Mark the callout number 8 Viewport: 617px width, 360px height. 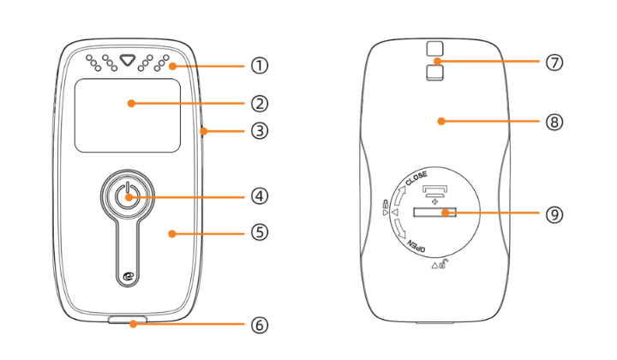(x=555, y=122)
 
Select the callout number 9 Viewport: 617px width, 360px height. (x=555, y=213)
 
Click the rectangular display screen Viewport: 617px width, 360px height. (x=127, y=115)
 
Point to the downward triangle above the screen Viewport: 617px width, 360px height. (x=128, y=62)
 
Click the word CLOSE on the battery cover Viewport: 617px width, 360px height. (x=417, y=180)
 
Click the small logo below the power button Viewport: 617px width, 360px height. (x=128, y=275)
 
